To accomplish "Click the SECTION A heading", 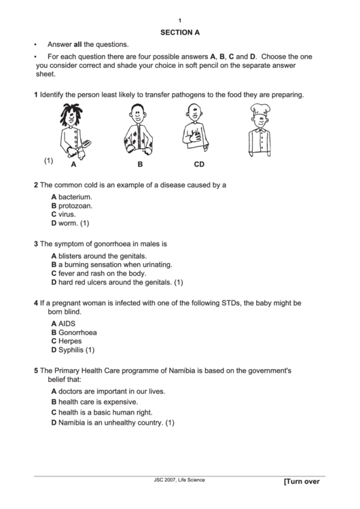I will tap(180, 31).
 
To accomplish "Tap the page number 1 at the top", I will tap(180, 20).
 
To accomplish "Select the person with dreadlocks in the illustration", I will tap(73, 130).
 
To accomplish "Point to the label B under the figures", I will tap(140, 164).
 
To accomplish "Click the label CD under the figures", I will tap(199, 164).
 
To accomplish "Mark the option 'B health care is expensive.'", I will tap(98, 402).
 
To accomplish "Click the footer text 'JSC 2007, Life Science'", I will tap(179, 480).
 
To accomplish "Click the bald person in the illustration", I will tap(194, 130).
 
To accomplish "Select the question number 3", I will tap(36, 243).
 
